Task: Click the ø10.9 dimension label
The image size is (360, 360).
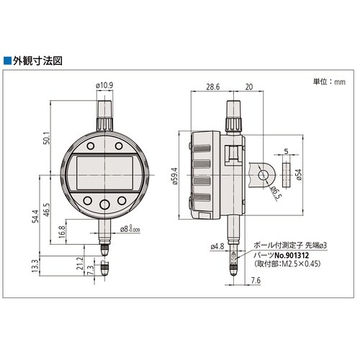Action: click(x=104, y=85)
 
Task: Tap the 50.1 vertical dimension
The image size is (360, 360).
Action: click(x=46, y=138)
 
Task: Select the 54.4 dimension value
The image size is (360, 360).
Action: click(x=35, y=216)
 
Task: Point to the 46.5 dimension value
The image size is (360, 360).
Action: click(x=46, y=210)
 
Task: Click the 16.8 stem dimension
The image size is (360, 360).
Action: click(x=62, y=232)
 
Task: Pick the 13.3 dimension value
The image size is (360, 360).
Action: click(x=35, y=266)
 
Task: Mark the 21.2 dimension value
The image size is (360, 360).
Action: click(x=80, y=263)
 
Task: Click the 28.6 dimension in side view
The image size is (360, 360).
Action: click(x=213, y=86)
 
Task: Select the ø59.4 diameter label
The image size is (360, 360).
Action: click(x=175, y=176)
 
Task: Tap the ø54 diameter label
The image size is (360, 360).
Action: click(x=298, y=174)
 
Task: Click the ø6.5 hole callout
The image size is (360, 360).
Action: click(x=276, y=193)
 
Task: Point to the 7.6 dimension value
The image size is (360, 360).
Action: click(x=255, y=280)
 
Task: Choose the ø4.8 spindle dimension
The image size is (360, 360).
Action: click(x=217, y=246)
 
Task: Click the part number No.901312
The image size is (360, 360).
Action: click(x=292, y=255)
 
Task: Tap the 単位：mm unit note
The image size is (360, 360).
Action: click(x=329, y=81)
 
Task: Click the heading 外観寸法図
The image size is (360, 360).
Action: click(x=37, y=61)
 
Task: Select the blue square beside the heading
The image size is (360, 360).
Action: click(x=7, y=61)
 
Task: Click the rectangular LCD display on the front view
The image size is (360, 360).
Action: click(x=104, y=173)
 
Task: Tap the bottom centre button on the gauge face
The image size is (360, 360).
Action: click(x=104, y=204)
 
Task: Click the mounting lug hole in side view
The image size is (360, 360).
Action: click(x=264, y=175)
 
